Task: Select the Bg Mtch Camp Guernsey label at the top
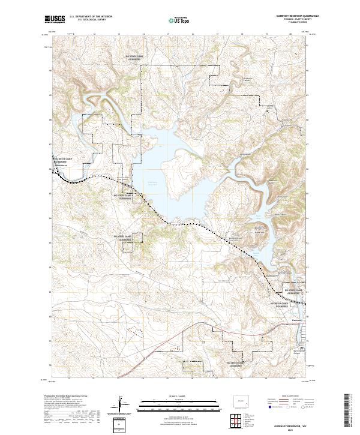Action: (133, 59)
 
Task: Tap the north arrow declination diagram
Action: (120, 405)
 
